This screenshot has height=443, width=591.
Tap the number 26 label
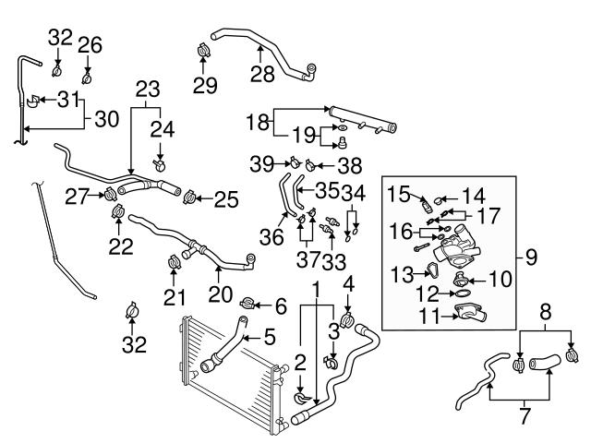pos(89,44)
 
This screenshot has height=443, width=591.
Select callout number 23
pos(148,90)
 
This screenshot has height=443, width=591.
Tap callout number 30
pos(107,117)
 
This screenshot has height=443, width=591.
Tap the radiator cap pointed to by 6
pos(247,303)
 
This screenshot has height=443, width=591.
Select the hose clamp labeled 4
pos(347,321)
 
